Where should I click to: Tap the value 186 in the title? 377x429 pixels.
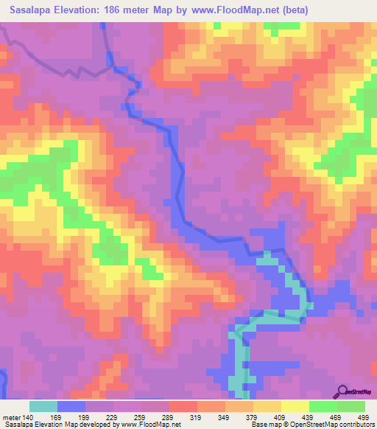124,10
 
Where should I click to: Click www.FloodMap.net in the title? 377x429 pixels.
230,10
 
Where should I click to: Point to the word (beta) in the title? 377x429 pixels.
292,10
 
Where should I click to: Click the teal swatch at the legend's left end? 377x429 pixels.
43,406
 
